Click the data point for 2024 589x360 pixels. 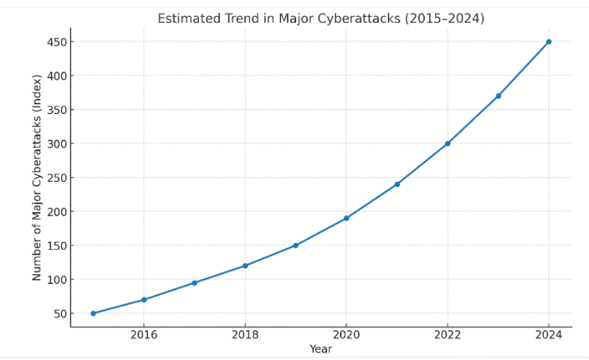[x=549, y=42]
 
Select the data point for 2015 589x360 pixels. [x=93, y=313]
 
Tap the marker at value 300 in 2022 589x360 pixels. [x=447, y=144]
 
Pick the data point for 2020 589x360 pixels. [x=346, y=218]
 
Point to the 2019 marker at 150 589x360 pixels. [x=296, y=246]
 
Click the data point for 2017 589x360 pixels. [x=195, y=283]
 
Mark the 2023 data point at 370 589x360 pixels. [x=498, y=96]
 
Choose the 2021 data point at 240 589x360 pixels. [x=397, y=184]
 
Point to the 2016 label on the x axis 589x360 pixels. [x=144, y=335]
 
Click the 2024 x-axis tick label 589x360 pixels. [x=549, y=335]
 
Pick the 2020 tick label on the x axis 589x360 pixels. [x=346, y=335]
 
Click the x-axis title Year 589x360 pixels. [x=321, y=349]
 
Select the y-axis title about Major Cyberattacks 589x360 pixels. [x=37, y=177]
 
